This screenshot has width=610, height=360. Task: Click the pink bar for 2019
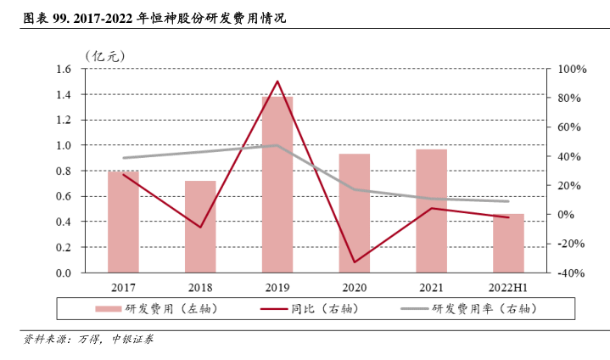click(x=277, y=185)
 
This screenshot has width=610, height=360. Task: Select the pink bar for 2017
click(x=123, y=222)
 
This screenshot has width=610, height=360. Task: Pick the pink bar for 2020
click(x=354, y=213)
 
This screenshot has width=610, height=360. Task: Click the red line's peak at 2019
click(x=277, y=82)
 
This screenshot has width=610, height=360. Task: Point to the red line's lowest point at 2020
click(x=354, y=262)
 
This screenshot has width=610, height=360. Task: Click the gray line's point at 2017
click(x=123, y=158)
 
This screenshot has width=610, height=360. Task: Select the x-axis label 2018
click(x=200, y=289)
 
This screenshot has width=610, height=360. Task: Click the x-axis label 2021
click(x=431, y=289)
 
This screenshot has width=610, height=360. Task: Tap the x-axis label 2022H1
click(x=508, y=289)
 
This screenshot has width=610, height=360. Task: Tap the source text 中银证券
click(x=134, y=340)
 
